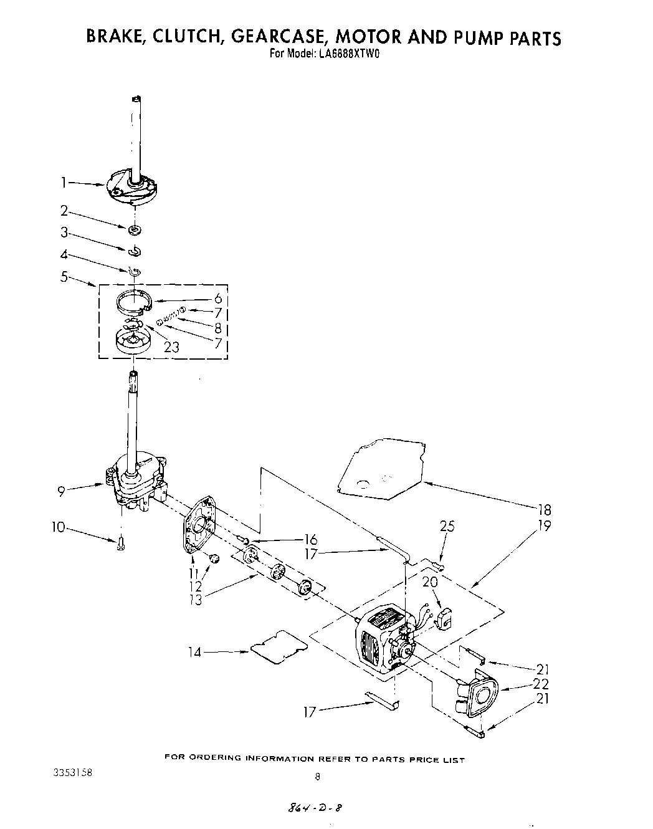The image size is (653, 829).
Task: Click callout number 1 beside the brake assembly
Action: point(63,183)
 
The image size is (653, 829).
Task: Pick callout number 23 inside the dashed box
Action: point(171,347)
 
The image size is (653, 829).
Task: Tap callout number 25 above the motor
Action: point(447,527)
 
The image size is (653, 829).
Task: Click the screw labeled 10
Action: point(120,544)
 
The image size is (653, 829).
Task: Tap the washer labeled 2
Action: point(134,231)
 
